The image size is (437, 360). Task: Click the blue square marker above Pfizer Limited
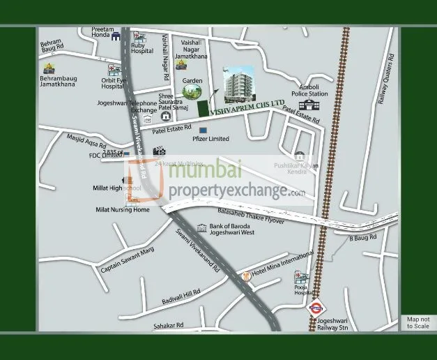pos(203,130)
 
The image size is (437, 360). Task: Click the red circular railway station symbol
pos(316,306)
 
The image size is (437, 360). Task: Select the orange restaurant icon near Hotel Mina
pos(245,276)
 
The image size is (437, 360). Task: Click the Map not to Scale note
pos(417,322)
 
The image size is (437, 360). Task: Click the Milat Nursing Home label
pos(123,209)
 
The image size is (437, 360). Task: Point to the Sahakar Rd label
pos(169,325)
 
